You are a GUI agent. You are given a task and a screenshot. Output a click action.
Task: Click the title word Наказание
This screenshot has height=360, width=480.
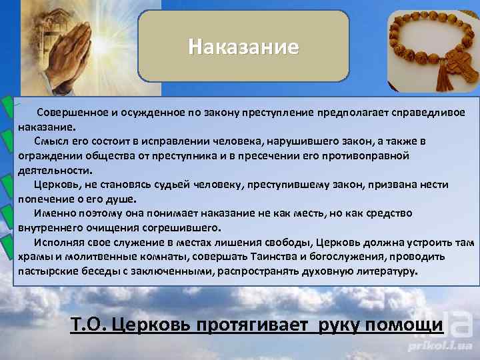coord(243,48)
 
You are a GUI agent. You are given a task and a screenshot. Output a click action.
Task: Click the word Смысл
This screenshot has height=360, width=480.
coord(51,141)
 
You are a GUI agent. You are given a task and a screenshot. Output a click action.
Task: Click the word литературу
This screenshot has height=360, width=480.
coord(381,271)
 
